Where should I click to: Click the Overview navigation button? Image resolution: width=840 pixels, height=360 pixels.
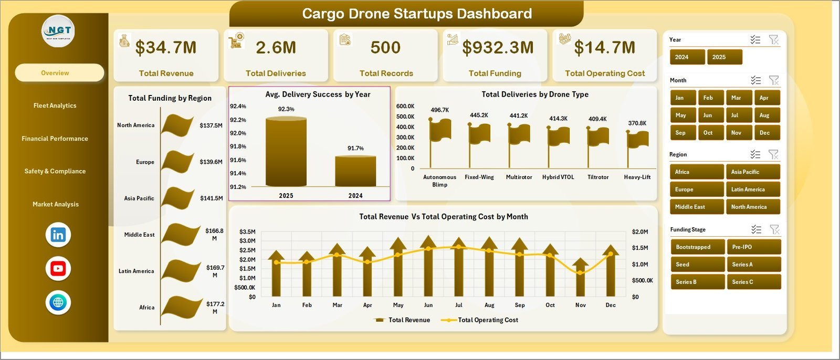(59, 73)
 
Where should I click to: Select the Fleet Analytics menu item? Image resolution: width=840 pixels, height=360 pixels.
(55, 105)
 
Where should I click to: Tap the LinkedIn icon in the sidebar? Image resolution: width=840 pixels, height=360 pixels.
(58, 235)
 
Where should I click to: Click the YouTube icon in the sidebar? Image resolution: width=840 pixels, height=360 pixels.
(58, 269)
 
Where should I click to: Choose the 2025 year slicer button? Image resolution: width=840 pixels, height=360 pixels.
(724, 57)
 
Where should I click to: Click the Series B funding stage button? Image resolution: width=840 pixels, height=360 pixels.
(697, 282)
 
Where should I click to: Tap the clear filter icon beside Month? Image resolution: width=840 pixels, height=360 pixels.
(773, 80)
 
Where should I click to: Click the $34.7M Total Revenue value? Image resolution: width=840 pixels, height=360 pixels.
(166, 48)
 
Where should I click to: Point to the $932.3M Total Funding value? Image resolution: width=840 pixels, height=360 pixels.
(498, 48)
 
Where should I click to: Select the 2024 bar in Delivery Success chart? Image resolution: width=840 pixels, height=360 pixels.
(355, 171)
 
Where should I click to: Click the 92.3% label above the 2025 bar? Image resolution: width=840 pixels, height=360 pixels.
(286, 109)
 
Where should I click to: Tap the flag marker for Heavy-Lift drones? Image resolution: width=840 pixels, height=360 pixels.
(638, 140)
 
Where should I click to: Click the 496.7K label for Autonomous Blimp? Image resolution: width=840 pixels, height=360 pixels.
(439, 110)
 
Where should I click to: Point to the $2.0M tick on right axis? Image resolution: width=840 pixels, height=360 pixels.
(640, 232)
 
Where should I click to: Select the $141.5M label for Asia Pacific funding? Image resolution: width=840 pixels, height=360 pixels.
(211, 198)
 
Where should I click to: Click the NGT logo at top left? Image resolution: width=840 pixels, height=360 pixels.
(58, 31)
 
